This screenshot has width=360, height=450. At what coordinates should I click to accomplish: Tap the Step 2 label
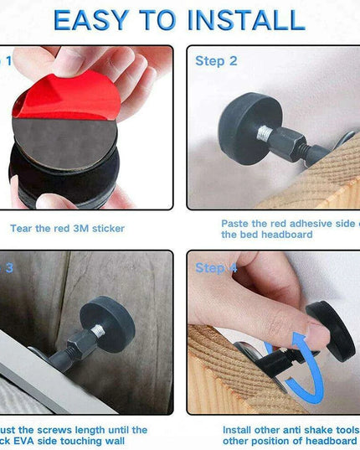pyautogui.click(x=216, y=60)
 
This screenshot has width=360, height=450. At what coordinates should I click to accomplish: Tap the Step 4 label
pyautogui.click(x=216, y=268)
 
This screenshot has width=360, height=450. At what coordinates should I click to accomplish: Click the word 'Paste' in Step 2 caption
pyautogui.click(x=235, y=223)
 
